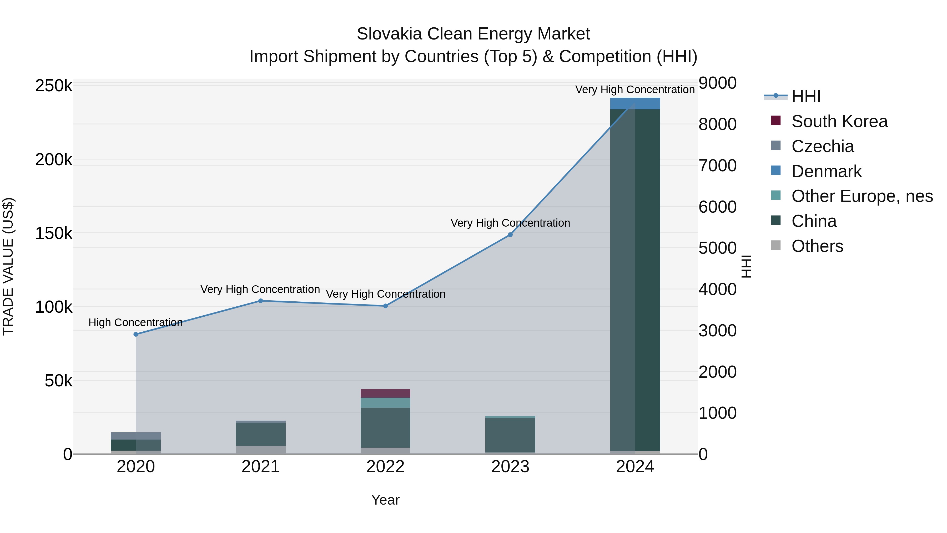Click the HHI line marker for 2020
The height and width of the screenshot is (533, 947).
click(136, 334)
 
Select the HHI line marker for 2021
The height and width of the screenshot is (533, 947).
click(261, 301)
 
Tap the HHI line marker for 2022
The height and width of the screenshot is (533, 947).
click(385, 306)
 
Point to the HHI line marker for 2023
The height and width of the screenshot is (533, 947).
click(510, 235)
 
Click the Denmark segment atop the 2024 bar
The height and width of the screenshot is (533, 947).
click(635, 104)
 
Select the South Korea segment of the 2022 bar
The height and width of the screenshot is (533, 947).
click(385, 393)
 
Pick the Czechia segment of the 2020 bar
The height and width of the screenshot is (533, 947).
click(136, 436)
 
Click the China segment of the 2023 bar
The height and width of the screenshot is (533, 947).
click(510, 435)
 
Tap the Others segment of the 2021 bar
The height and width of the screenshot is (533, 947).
click(261, 450)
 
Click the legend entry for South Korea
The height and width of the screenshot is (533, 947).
click(839, 121)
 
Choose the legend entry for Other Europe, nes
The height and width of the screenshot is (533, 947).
click(862, 196)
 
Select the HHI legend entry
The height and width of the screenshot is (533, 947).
click(806, 96)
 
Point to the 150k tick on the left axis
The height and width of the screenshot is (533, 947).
click(54, 233)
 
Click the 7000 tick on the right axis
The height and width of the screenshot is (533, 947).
click(718, 166)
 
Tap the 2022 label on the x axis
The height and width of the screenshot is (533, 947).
click(385, 467)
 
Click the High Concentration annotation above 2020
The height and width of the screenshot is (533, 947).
click(136, 323)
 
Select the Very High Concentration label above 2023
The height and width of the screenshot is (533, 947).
click(510, 223)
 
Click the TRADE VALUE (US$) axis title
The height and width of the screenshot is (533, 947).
click(8, 266)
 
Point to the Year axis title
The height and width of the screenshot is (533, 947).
click(385, 500)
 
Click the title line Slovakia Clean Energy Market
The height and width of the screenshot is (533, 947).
click(473, 34)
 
